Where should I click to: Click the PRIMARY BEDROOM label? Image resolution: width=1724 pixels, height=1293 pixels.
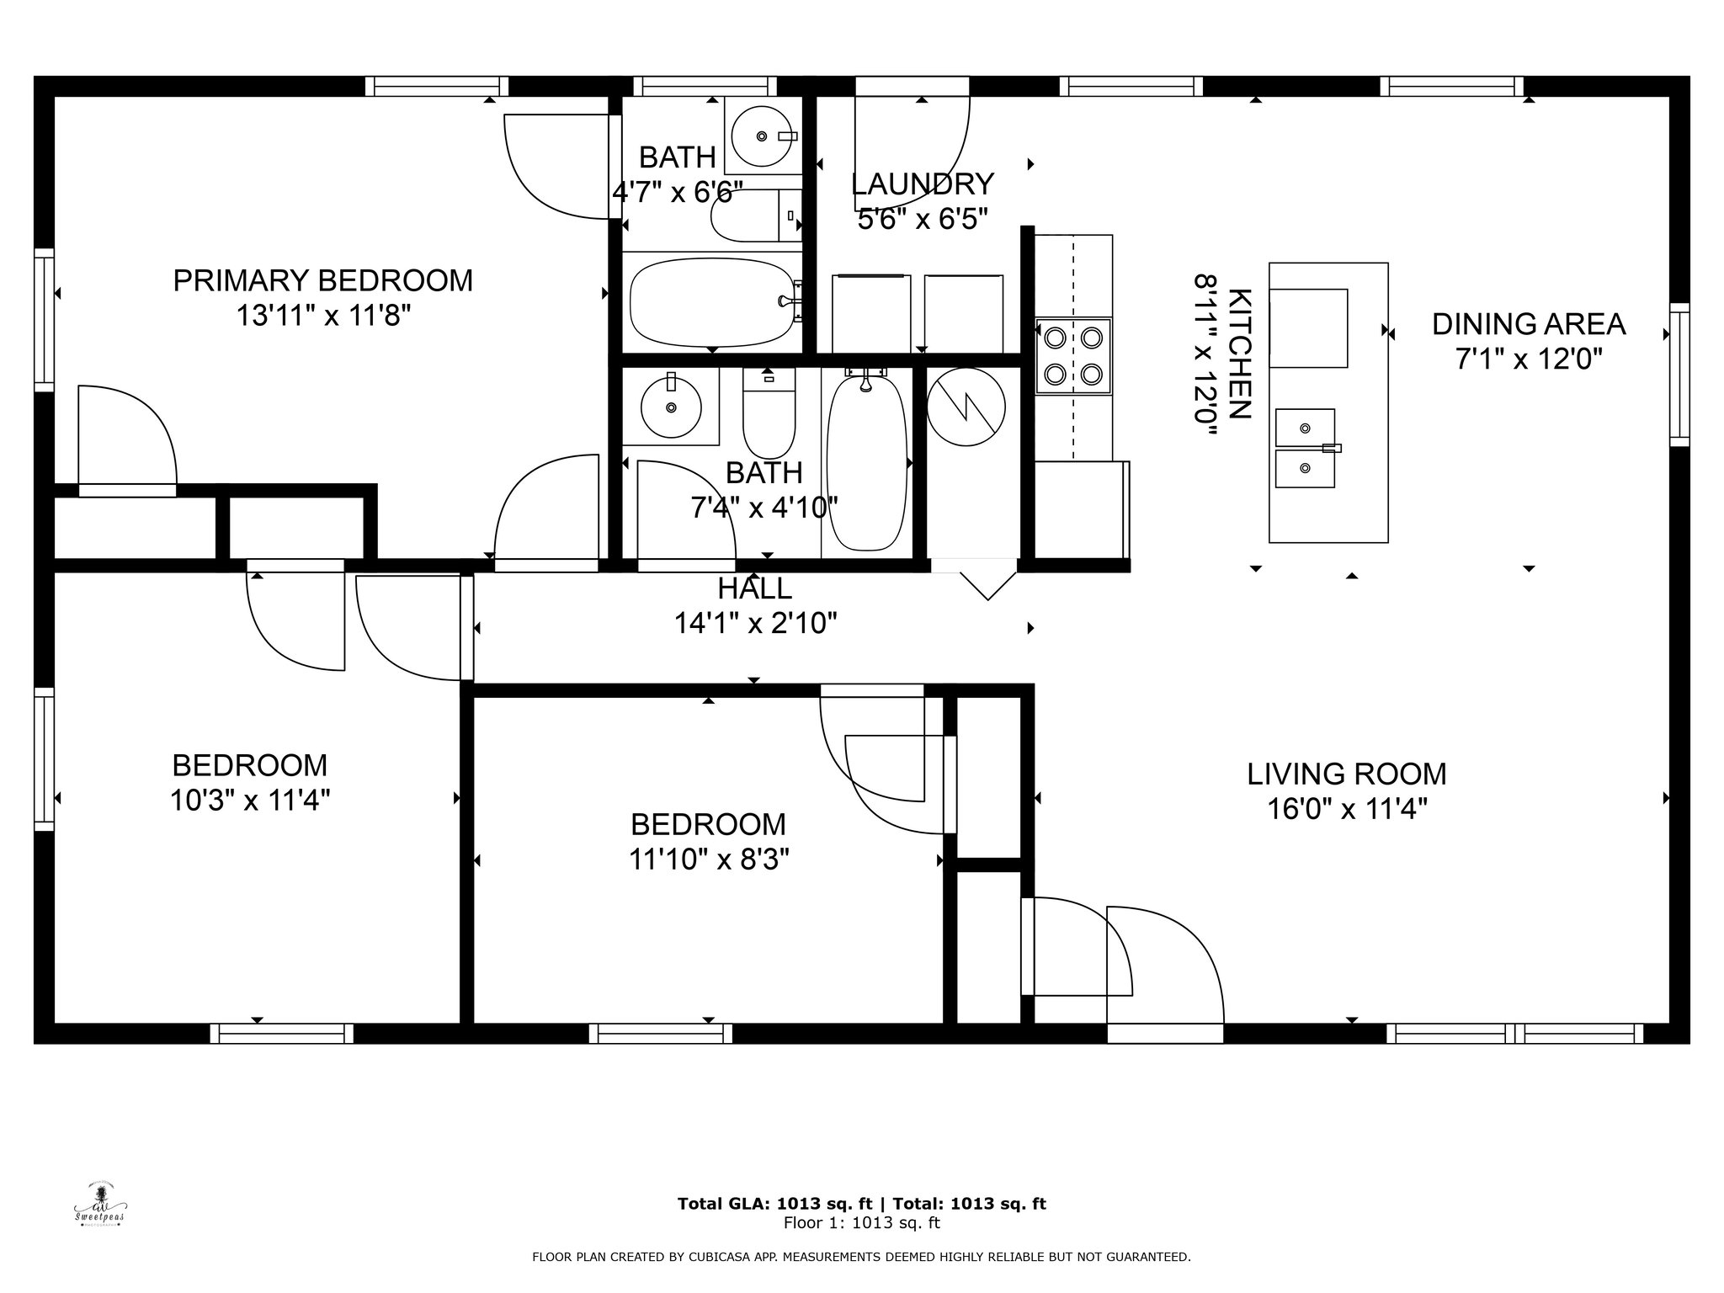[323, 280]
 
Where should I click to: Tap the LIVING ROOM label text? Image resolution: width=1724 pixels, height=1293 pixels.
[1347, 774]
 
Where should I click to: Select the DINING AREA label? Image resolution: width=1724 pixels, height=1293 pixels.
[1529, 324]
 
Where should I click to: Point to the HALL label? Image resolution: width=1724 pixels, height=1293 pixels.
[755, 588]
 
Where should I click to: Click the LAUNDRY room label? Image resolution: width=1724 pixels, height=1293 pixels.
[923, 184]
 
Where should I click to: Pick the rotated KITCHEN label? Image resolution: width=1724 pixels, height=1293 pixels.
[1240, 354]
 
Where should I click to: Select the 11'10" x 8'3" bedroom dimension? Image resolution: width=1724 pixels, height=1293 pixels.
[709, 859]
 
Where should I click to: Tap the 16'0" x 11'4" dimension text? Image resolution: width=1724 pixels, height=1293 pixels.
[1347, 809]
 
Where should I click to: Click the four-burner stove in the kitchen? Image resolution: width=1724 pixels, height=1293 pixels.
[1073, 355]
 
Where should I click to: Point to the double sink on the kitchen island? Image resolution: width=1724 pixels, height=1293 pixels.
[1306, 449]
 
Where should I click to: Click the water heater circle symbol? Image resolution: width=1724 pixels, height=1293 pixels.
[966, 408]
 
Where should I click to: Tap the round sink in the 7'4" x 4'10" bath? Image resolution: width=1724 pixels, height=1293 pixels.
[671, 407]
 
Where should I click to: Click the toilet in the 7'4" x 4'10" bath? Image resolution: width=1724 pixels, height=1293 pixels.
[769, 413]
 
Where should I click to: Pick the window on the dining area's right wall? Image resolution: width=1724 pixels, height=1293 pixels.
[1679, 374]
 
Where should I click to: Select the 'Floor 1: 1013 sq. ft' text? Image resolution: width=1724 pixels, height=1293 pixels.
[862, 1223]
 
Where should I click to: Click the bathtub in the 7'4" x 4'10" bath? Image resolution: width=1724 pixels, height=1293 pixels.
[866, 462]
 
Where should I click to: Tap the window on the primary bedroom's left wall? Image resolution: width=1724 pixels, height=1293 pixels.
[44, 320]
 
